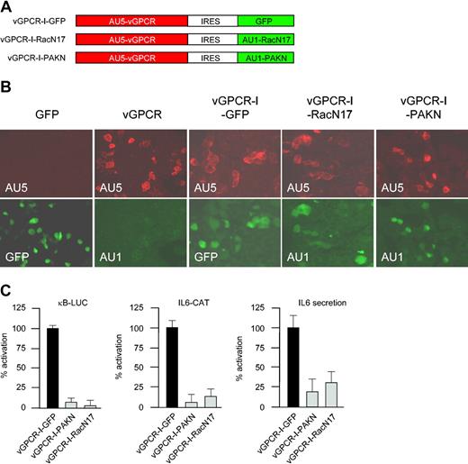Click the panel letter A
click(6, 7)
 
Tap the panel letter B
click(6, 89)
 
